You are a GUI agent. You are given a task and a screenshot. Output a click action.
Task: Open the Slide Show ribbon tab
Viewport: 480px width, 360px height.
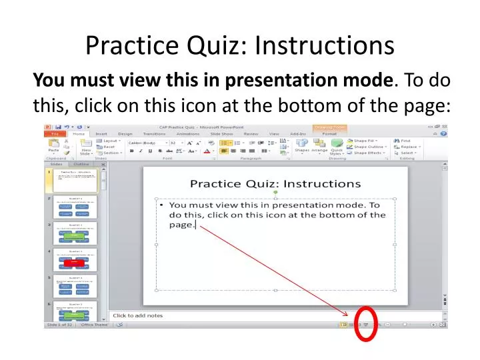222,134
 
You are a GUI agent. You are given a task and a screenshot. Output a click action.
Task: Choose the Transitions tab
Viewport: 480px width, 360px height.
157,134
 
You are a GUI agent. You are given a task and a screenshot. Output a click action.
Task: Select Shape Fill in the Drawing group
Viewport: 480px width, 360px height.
365,141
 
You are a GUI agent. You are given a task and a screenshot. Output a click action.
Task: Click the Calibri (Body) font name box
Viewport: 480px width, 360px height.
143,142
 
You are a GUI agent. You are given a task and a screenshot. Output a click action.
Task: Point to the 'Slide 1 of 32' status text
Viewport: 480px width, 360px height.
59,325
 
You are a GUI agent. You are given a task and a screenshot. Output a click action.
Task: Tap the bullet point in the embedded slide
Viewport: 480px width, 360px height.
163,206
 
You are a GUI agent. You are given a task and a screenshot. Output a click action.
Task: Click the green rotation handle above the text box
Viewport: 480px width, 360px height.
275,192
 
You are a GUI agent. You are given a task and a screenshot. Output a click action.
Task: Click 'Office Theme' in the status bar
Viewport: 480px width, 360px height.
94,325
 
